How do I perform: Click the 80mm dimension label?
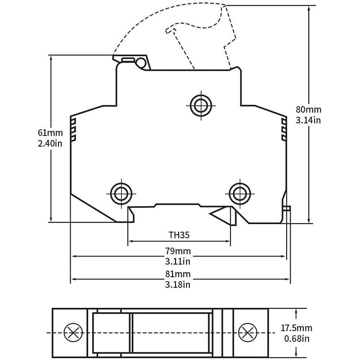(x=308, y=109)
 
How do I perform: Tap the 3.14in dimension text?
(x=308, y=120)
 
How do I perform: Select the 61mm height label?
(x=50, y=133)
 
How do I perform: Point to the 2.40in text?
(x=50, y=144)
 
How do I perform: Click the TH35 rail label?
(x=179, y=235)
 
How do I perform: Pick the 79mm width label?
(x=178, y=251)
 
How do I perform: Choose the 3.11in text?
(x=178, y=261)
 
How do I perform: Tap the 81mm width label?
(x=178, y=274)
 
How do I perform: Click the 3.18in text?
(x=178, y=285)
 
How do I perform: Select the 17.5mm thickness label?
(x=297, y=328)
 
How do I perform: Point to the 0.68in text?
(x=297, y=339)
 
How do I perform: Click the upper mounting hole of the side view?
(x=201, y=106)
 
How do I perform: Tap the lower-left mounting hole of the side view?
(x=121, y=194)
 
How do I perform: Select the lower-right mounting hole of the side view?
(x=240, y=194)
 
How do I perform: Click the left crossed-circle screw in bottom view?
(x=73, y=333)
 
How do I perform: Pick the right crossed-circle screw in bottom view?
(x=248, y=333)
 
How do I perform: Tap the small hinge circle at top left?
(x=141, y=62)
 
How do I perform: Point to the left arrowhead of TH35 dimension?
(x=130, y=241)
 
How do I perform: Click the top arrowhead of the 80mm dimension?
(x=309, y=9)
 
